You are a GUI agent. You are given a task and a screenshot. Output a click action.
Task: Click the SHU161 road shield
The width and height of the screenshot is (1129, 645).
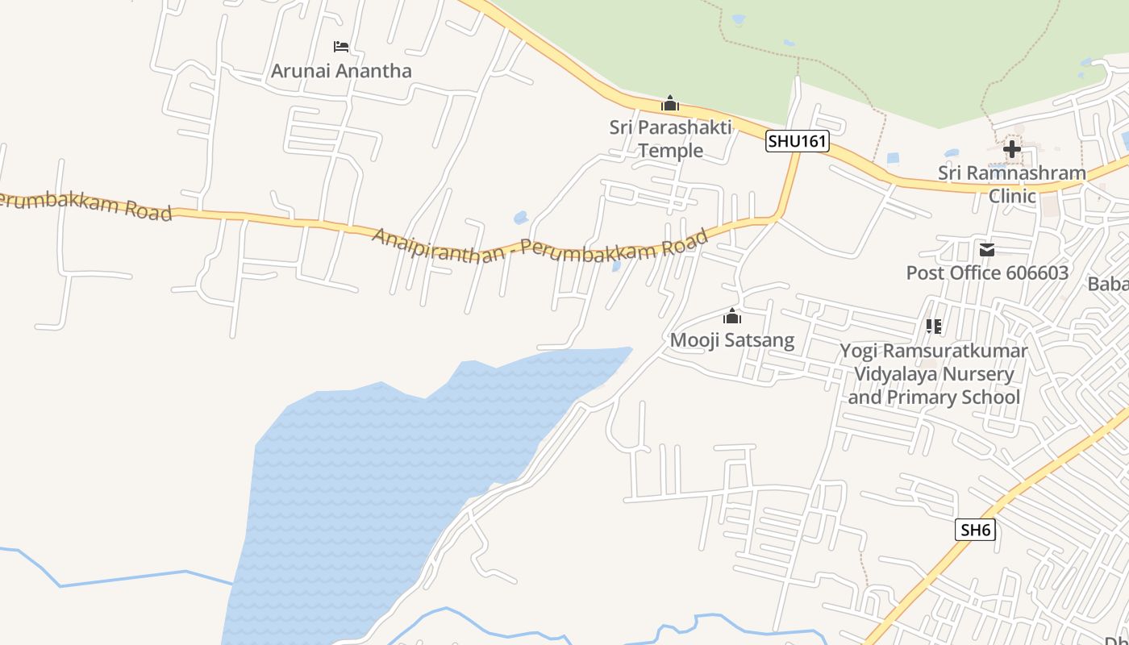point(797,141)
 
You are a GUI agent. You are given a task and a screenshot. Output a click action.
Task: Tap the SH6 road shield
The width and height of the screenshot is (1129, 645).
point(975,530)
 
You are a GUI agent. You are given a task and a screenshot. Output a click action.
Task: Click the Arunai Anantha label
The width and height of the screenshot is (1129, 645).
point(341,71)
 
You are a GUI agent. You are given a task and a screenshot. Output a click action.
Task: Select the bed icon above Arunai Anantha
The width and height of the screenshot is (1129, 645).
point(341,47)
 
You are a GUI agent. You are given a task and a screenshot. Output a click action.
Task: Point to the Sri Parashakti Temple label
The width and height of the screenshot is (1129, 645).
point(670,139)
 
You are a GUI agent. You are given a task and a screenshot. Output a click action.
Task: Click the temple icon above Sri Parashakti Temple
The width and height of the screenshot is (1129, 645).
point(670,103)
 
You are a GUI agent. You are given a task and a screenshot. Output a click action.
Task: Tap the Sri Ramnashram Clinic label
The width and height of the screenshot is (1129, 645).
point(1011,184)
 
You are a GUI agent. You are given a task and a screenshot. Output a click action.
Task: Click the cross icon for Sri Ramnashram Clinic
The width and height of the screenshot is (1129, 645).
point(1011,149)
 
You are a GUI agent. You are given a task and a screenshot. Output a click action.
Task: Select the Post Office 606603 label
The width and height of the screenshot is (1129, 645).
point(987,273)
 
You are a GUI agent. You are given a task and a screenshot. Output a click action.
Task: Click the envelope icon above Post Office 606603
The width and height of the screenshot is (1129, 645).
point(987,250)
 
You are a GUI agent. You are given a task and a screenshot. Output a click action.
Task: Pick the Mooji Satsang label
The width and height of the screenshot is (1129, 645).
point(732,340)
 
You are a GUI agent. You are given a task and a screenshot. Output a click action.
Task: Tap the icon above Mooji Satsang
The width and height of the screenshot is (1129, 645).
point(732,316)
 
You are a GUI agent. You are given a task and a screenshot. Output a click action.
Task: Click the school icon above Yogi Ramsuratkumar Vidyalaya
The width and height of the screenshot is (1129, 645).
point(934,327)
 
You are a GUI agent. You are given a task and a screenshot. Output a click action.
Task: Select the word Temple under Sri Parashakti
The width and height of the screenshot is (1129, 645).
point(670,151)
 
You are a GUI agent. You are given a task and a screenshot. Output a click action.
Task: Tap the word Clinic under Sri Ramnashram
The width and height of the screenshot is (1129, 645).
point(1012,196)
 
